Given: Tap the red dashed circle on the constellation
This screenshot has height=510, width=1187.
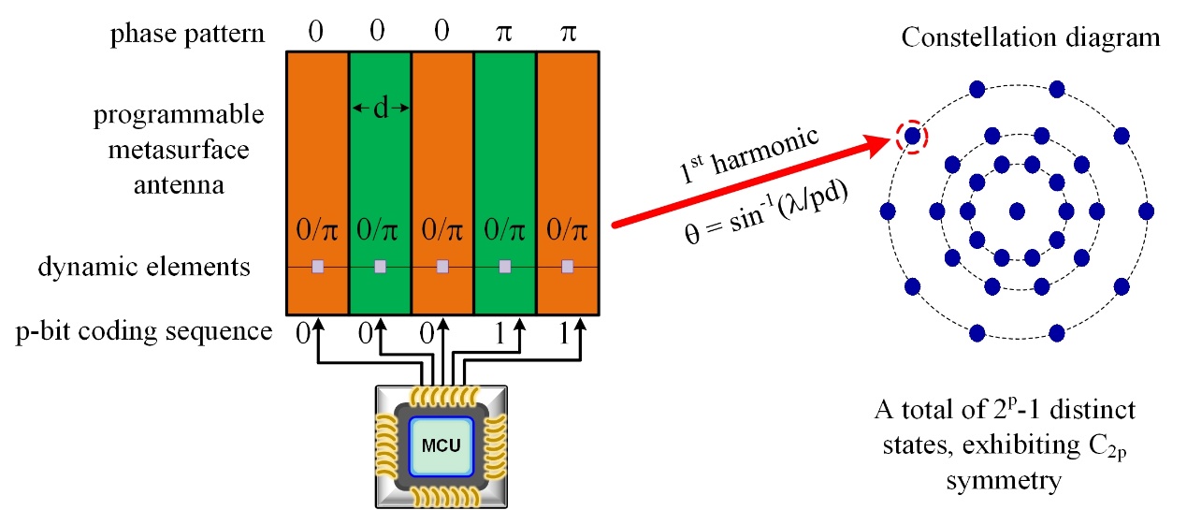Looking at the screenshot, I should [912, 137].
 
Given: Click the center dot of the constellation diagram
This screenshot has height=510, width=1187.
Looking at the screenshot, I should [1017, 209].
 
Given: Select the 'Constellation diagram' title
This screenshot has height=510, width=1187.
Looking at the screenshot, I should [1030, 38].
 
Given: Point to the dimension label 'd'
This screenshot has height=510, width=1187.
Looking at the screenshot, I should [381, 109].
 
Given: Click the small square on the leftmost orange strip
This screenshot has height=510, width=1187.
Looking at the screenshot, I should [318, 267].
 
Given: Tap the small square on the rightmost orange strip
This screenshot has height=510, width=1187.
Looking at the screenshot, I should [567, 267].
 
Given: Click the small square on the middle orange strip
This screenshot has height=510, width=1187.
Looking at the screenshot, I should [442, 267].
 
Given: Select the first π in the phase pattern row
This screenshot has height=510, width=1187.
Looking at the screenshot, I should [505, 35].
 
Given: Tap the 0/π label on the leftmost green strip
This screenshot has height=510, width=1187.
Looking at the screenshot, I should [380, 229].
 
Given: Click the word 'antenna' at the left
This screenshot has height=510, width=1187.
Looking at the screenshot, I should [179, 185].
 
